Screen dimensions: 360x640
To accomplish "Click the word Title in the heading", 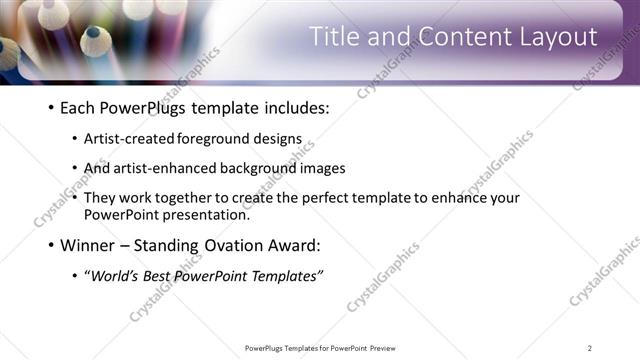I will (x=333, y=37).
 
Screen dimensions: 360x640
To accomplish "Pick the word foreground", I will (x=219, y=139).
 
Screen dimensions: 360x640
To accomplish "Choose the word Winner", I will (x=88, y=244).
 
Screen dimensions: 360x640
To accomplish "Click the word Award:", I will (x=294, y=244).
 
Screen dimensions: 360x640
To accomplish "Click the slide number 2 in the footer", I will (x=590, y=348).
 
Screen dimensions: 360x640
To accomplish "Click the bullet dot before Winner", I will (x=50, y=245).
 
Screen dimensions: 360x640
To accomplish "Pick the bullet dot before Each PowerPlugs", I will (x=50, y=108).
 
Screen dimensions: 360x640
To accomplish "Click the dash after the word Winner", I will (x=127, y=245).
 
